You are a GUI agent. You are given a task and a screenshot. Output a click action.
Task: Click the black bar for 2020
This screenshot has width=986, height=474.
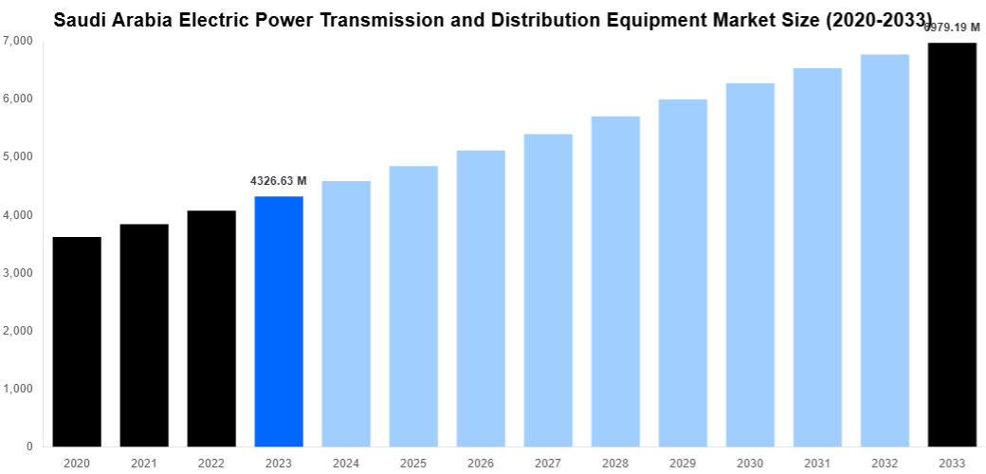click(77, 341)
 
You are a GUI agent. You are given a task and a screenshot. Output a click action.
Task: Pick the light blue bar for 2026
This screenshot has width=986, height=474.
click(481, 298)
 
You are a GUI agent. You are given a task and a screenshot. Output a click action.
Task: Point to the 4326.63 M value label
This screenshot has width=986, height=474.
click(279, 180)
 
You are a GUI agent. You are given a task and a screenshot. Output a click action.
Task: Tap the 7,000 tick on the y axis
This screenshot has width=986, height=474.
click(18, 41)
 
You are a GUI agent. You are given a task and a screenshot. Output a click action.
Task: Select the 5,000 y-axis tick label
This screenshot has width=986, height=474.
click(18, 156)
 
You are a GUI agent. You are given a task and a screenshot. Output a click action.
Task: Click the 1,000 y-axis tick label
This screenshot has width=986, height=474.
click(18, 389)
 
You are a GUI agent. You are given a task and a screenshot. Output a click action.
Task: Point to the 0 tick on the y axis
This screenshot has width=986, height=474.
click(29, 447)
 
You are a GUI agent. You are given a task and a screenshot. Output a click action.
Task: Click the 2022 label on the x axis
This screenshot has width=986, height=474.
click(211, 463)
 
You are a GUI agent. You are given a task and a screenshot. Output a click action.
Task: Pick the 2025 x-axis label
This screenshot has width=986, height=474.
click(413, 463)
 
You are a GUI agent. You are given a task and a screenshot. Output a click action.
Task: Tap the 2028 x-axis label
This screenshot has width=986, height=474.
click(615, 463)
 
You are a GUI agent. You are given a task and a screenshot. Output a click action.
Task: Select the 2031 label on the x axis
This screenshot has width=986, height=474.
click(817, 463)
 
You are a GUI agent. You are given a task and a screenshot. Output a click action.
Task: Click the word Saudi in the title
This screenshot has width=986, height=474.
click(79, 18)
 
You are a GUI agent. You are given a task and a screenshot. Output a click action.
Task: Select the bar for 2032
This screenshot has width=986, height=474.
click(885, 250)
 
